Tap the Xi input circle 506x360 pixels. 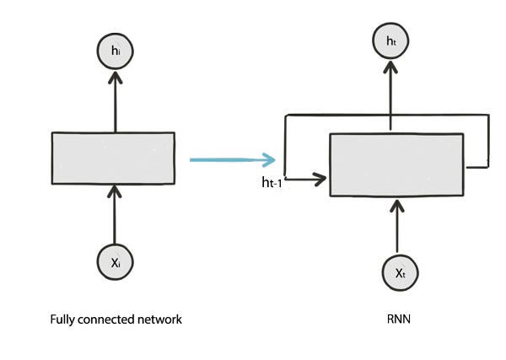(x=116, y=262)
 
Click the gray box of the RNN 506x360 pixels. (x=396, y=164)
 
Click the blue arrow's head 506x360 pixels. (x=270, y=159)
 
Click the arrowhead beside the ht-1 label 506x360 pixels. (x=320, y=179)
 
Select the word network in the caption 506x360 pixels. (x=159, y=320)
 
